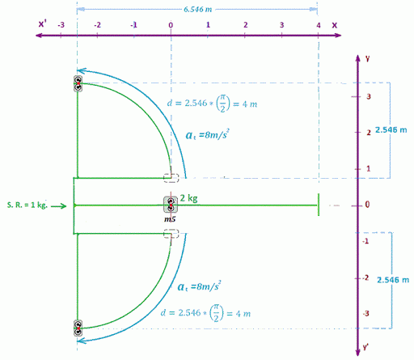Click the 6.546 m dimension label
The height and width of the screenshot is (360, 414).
[197, 10]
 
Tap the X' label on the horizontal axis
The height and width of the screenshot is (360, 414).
[42, 24]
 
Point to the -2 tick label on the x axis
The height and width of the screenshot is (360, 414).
[97, 25]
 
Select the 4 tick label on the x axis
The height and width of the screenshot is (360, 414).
[319, 25]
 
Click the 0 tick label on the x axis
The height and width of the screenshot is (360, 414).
[171, 25]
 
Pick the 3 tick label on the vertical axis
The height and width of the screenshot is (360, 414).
[369, 96]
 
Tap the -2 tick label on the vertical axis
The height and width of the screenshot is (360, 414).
[365, 277]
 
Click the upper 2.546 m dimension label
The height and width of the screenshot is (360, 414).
[391, 130]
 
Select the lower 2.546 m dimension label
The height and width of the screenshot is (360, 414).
[393, 280]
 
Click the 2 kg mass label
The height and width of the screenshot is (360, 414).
[188, 198]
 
